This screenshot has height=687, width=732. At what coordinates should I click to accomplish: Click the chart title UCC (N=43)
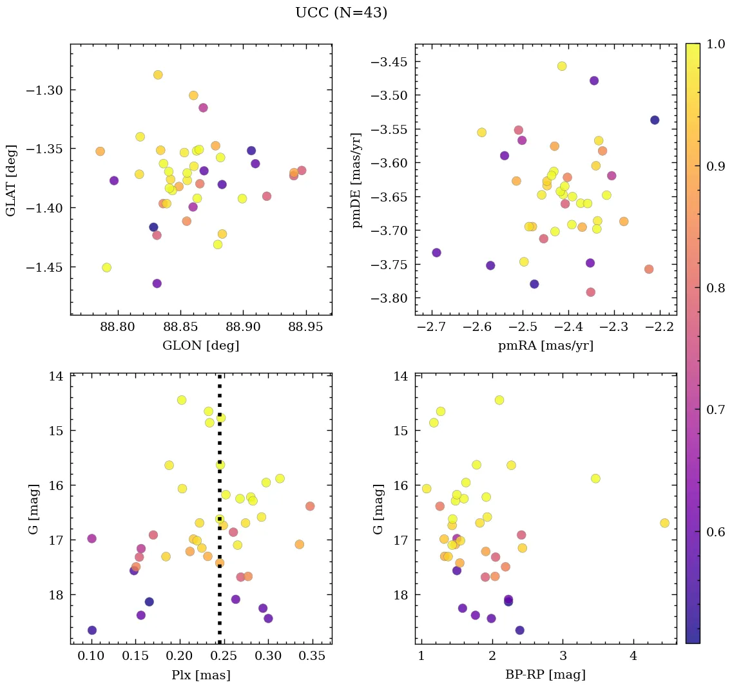pyautogui.click(x=341, y=13)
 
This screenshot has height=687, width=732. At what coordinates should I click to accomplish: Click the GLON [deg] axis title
pyautogui.click(x=201, y=346)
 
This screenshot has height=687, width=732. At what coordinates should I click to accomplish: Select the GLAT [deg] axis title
pyautogui.click(x=11, y=179)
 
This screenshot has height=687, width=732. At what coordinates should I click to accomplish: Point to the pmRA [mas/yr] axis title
pyautogui.click(x=546, y=346)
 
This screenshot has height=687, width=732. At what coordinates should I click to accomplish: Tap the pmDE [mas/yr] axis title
pyautogui.click(x=356, y=179)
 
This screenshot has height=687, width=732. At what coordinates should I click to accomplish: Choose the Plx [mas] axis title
pyautogui.click(x=201, y=675)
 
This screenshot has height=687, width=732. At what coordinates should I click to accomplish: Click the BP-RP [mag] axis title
pyautogui.click(x=546, y=675)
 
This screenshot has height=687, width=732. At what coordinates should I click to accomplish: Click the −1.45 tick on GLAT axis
pyautogui.click(x=46, y=267)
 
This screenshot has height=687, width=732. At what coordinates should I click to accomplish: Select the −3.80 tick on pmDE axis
pyautogui.click(x=390, y=298)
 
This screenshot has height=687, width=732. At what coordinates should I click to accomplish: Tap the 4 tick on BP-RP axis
pyautogui.click(x=633, y=657)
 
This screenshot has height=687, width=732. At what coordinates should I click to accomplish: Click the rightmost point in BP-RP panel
pyautogui.click(x=664, y=523)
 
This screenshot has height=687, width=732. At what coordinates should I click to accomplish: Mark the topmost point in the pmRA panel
pyautogui.click(x=562, y=66)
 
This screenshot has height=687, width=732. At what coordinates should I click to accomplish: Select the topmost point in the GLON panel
pyautogui.click(x=158, y=75)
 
